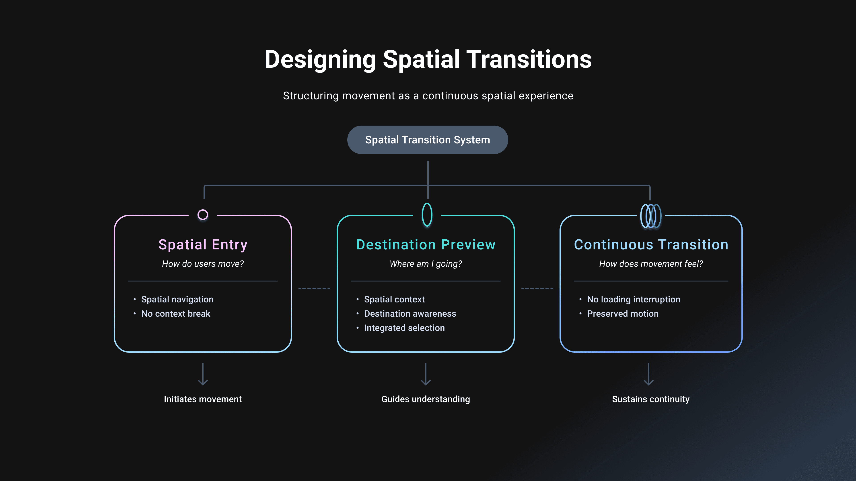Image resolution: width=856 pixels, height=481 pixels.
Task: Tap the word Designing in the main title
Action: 320,60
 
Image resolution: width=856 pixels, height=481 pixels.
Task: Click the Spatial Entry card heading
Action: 203,245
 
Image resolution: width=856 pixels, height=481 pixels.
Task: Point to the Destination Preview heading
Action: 426,245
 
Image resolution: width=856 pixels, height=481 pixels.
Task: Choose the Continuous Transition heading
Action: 651,245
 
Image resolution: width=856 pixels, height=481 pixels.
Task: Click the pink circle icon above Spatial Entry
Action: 203,215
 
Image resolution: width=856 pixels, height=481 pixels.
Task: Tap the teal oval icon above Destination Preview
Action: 427,215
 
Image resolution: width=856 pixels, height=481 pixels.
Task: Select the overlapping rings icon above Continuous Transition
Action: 651,216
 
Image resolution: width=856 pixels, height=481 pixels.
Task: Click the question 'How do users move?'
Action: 203,264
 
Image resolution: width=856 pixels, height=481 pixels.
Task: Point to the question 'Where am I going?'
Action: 426,264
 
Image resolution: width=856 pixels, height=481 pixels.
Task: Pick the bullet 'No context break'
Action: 176,314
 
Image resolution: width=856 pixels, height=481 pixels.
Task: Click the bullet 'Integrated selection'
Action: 404,328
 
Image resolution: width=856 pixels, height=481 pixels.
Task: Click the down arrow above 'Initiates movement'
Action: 203,374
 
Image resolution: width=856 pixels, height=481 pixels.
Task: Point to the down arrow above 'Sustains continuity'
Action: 649,374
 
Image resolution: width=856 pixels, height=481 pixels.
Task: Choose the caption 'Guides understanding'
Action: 426,399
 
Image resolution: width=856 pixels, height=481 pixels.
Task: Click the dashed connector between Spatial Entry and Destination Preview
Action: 314,288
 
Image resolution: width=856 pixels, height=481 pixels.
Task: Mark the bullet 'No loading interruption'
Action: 633,300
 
